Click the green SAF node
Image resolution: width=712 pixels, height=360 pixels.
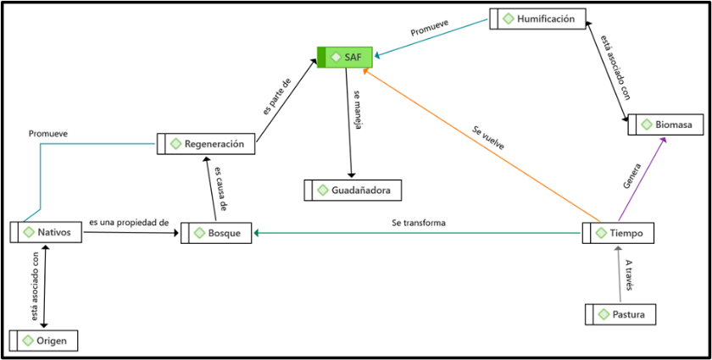pyautogui.click(x=344, y=57)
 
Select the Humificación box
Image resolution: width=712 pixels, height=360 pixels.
pyautogui.click(x=537, y=18)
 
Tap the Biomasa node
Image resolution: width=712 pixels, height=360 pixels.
pyautogui.click(x=666, y=125)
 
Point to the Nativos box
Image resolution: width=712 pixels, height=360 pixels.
pyautogui.click(x=47, y=231)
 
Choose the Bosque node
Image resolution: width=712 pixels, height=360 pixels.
pyautogui.click(x=216, y=232)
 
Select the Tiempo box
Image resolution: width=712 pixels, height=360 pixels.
pyautogui.click(x=618, y=233)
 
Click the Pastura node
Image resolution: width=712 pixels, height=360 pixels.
pyautogui.click(x=621, y=314)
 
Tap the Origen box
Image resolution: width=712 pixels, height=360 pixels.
pyautogui.click(x=43, y=341)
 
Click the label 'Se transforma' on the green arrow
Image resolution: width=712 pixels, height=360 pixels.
pyautogui.click(x=419, y=223)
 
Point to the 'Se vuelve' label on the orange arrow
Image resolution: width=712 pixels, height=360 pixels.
pyautogui.click(x=488, y=138)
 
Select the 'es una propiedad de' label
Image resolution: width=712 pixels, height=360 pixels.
pyautogui.click(x=129, y=223)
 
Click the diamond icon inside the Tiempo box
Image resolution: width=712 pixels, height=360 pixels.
pyautogui.click(x=602, y=233)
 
